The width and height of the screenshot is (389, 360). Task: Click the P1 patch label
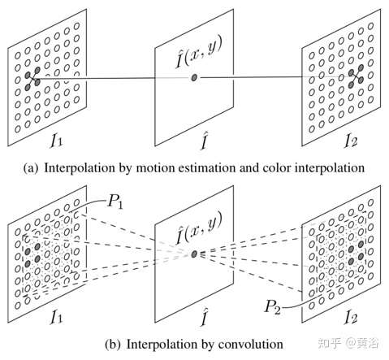coord(115,202)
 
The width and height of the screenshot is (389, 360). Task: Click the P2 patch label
coord(273,307)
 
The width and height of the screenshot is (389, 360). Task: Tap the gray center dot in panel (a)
coord(194,78)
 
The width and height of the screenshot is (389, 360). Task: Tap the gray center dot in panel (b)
coord(194,254)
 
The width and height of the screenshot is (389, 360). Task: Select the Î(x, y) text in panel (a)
coord(199,52)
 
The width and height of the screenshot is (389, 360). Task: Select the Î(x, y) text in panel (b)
coord(199,228)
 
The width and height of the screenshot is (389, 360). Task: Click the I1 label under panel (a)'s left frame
coord(57,141)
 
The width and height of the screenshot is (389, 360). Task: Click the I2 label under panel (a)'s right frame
coord(351,141)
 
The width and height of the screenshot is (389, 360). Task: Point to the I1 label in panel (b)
coord(57,317)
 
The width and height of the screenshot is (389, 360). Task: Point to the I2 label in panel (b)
coord(351,317)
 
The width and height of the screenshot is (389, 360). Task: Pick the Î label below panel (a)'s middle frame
coord(204,141)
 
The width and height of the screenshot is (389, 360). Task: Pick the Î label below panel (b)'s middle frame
coord(204,317)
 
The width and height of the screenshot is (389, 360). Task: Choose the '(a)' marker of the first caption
coord(30,168)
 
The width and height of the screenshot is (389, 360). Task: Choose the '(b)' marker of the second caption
coord(112,345)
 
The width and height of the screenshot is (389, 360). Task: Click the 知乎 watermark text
coord(329,343)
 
